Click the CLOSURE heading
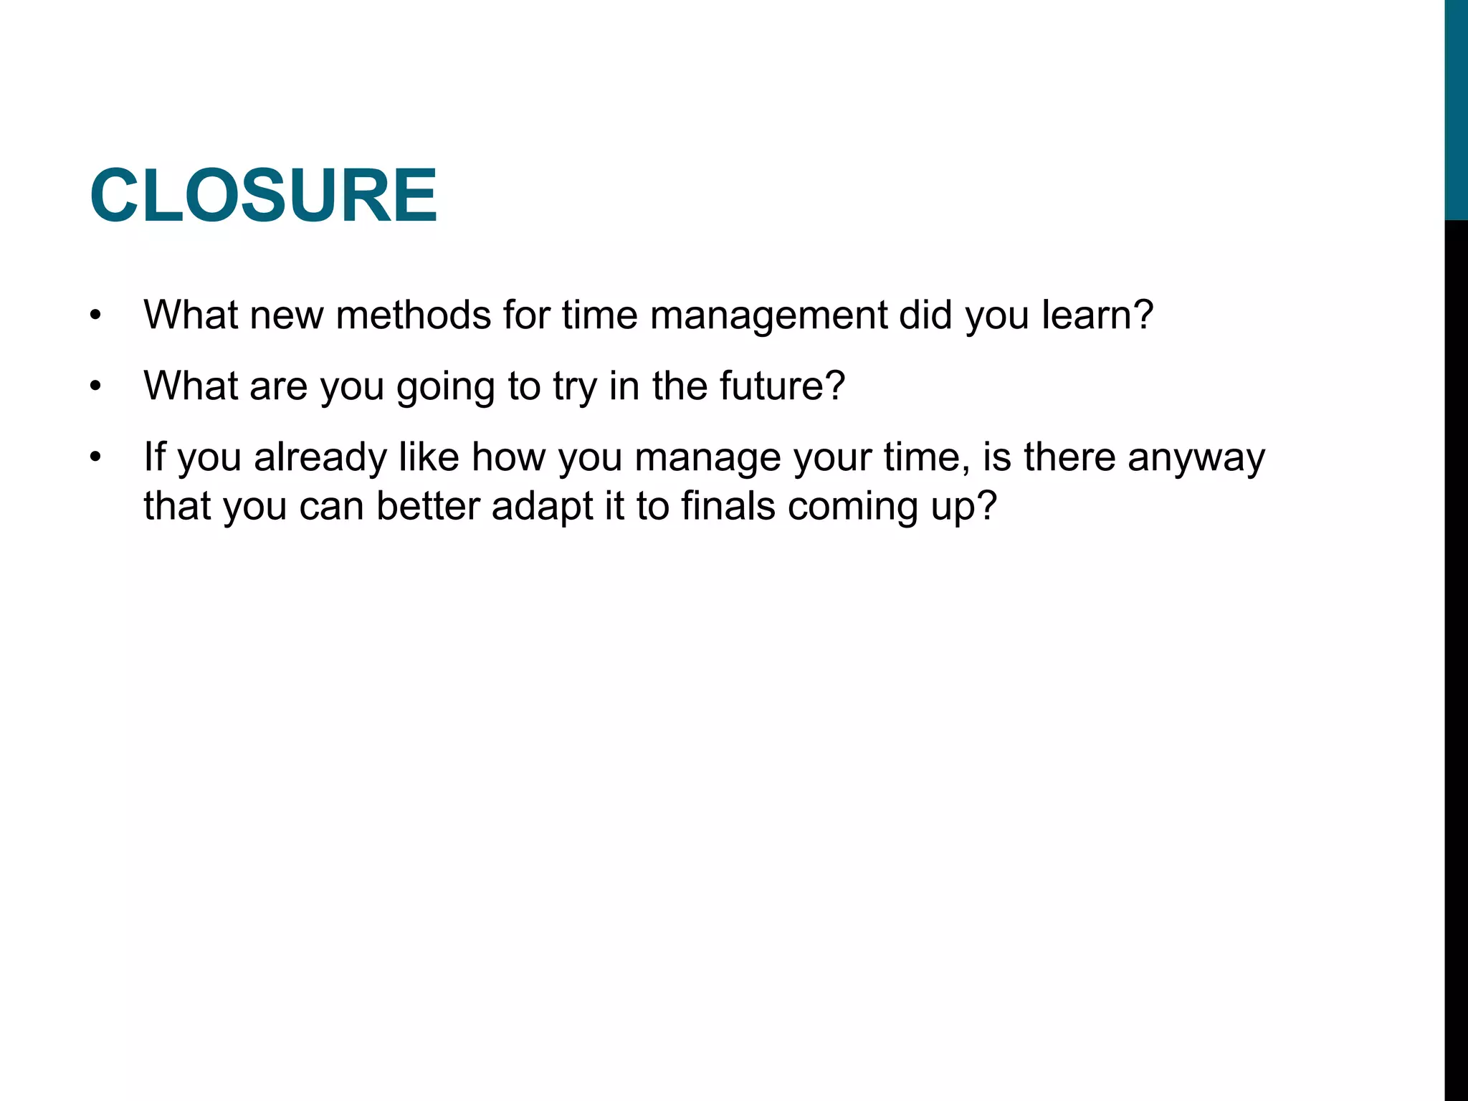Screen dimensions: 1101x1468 pos(263,196)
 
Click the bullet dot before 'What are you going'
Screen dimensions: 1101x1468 pos(96,386)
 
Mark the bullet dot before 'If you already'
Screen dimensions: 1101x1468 pos(96,458)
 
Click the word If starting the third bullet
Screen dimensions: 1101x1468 pos(154,457)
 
